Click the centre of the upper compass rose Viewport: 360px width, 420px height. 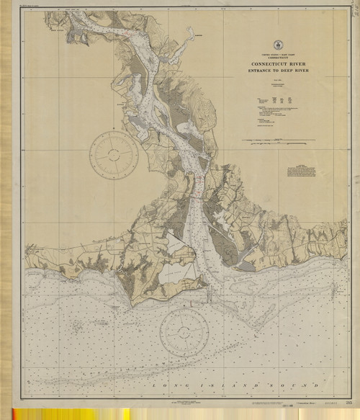coord(114,153)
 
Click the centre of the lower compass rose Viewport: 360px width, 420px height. coord(184,332)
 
